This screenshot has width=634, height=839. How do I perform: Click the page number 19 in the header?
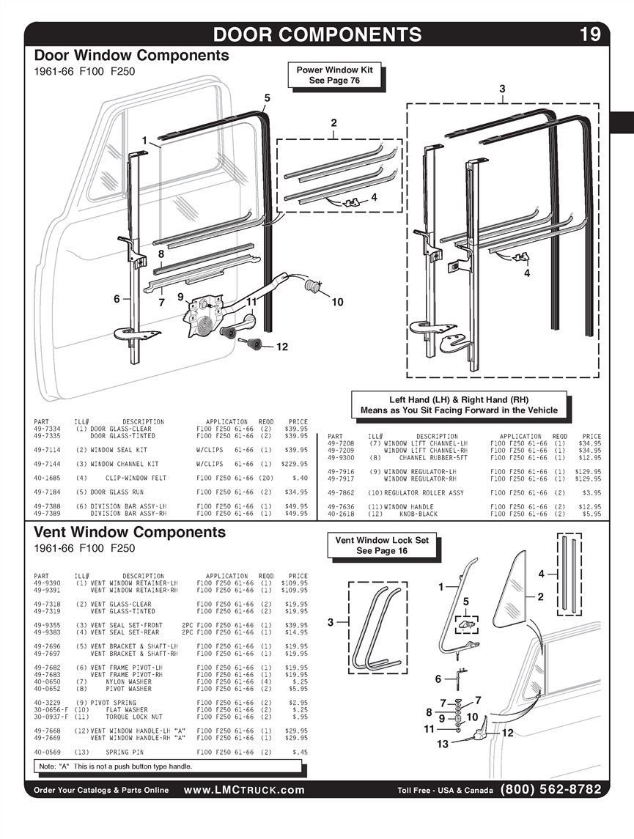click(x=590, y=34)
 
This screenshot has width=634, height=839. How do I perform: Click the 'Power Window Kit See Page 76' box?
click(x=334, y=75)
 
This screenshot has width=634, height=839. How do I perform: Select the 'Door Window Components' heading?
click(x=131, y=56)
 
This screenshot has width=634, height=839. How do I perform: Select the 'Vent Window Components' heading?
click(x=130, y=532)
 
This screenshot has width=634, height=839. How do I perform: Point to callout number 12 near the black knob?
click(x=282, y=347)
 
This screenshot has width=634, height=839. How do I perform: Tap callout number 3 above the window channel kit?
click(x=502, y=89)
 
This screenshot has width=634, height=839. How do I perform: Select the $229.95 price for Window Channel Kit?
click(x=295, y=464)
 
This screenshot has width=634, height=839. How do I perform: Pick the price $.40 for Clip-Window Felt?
click(x=301, y=478)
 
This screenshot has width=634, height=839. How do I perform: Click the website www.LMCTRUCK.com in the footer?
click(x=244, y=790)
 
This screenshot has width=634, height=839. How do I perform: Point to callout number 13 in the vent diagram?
click(x=442, y=744)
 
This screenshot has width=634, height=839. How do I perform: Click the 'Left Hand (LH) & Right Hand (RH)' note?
click(x=459, y=404)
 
